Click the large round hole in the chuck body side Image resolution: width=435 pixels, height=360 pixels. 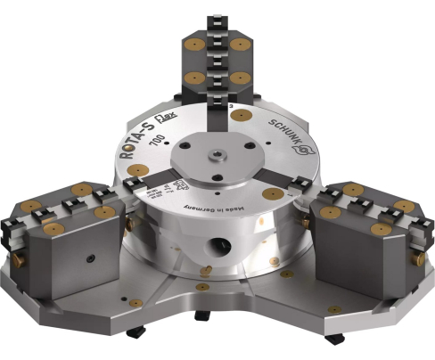[x=217, y=244]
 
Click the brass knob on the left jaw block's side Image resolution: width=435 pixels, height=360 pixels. [x=129, y=225]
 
